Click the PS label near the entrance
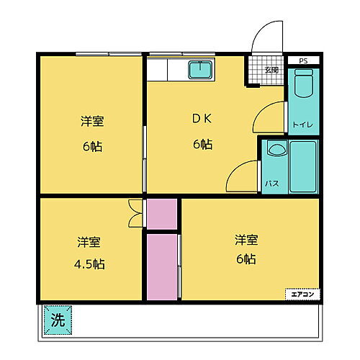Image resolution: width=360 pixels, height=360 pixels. (x=303, y=62)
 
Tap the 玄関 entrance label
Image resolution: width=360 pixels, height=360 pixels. (x=271, y=70)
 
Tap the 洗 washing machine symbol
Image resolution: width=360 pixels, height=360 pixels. (x=58, y=320)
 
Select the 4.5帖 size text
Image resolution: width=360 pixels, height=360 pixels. (x=89, y=264)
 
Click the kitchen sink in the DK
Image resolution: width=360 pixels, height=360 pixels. (x=200, y=71)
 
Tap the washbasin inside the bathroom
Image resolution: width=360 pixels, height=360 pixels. (x=274, y=151)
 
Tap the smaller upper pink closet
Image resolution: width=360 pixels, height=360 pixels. (x=162, y=213)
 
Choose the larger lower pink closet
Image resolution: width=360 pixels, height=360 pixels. (x=162, y=266)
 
